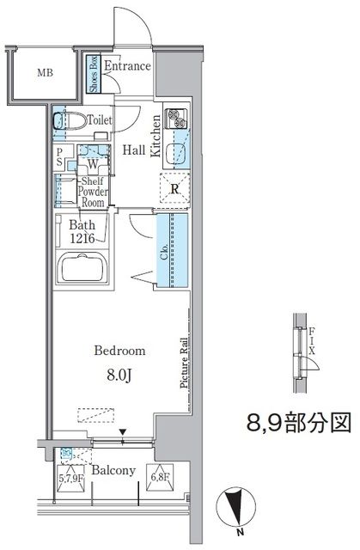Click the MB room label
coord(46,73)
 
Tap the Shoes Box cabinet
coord(94,74)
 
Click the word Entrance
coord(127,66)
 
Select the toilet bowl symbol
coord(70,121)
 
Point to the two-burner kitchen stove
coord(176,119)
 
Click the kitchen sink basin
coord(174,153)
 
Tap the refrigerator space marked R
coord(175,187)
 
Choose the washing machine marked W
coord(93,159)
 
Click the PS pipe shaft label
coord(59,156)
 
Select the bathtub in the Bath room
coord(82,267)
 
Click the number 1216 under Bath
coord(82,239)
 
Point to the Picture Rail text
coord(184,363)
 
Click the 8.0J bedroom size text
coord(119,376)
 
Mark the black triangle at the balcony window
coord(122,431)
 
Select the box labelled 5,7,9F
coord(70,478)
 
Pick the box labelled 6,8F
coord(160,477)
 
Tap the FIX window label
coord(312,340)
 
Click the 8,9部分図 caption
coord(299,422)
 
